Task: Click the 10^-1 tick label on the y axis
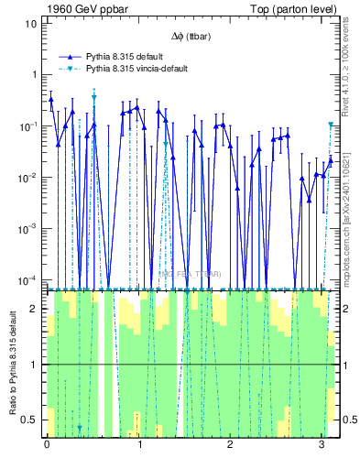coord(28,125)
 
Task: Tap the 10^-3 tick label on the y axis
coord(28,229)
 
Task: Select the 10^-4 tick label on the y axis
coord(28,280)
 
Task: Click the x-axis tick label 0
coord(47,444)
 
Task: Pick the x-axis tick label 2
coord(230,444)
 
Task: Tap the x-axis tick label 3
coord(322,444)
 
